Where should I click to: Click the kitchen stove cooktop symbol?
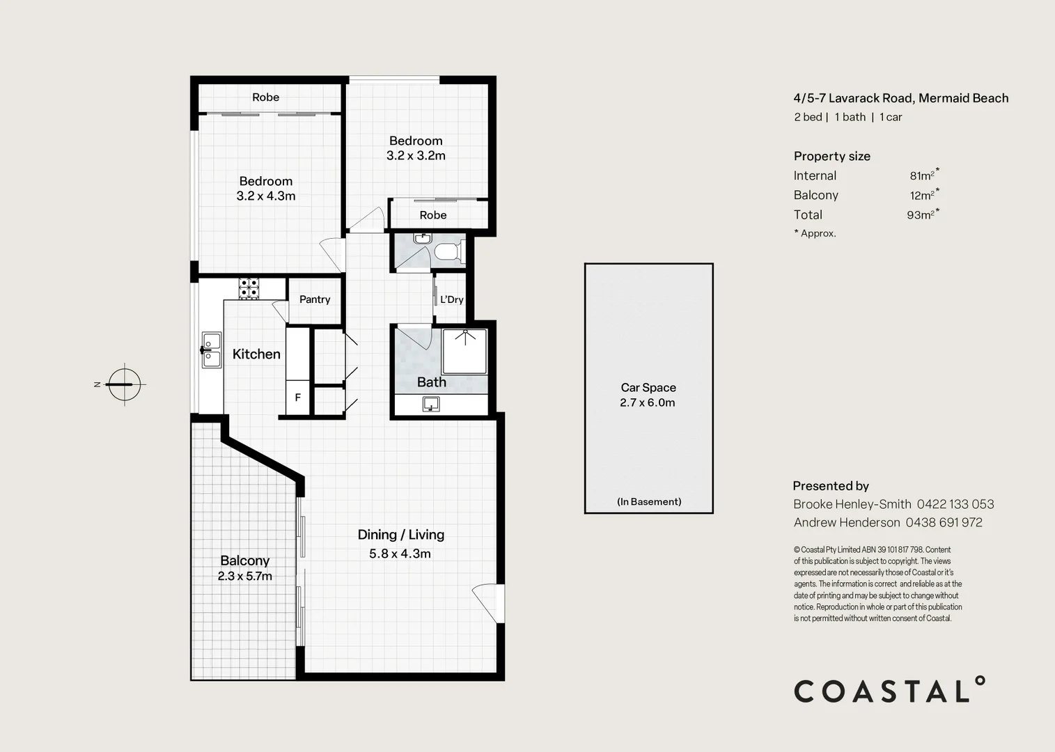(x=249, y=288)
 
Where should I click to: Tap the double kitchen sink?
(x=212, y=350)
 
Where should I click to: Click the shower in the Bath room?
(x=464, y=351)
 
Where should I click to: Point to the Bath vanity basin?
(x=431, y=405)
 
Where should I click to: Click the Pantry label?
(x=315, y=299)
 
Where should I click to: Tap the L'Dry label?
(x=452, y=299)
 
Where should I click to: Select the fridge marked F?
(x=297, y=398)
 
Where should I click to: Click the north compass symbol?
(x=125, y=384)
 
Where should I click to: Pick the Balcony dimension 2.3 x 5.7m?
(x=245, y=576)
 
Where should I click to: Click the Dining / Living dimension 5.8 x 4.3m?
(x=400, y=554)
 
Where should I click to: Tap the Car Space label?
(x=648, y=388)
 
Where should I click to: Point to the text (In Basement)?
(x=649, y=501)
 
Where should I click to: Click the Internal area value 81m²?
(x=924, y=175)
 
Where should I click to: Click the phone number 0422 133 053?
(x=955, y=504)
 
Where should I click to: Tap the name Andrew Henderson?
(x=847, y=523)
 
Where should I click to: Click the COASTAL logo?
(x=889, y=689)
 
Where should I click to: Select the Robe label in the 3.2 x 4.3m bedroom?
(x=265, y=97)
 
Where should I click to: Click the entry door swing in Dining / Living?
(x=489, y=604)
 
